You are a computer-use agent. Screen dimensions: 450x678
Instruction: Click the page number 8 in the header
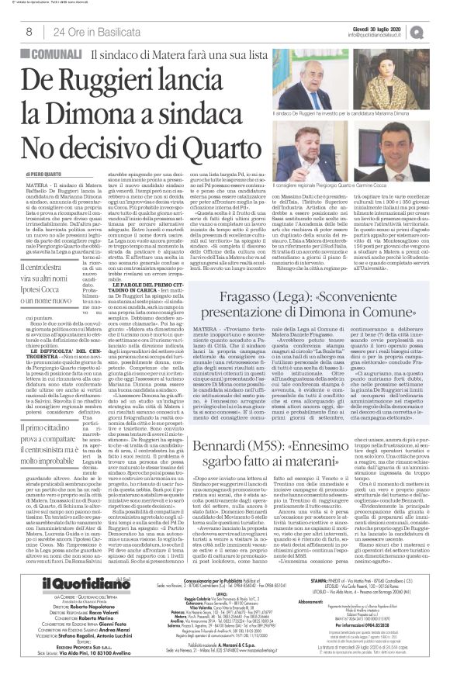pos(28,32)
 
